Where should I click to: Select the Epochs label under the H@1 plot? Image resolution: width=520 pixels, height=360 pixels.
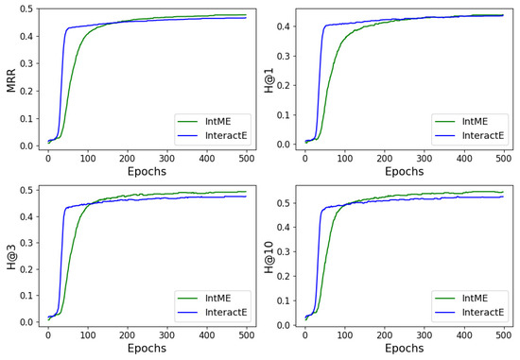click(404, 171)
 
